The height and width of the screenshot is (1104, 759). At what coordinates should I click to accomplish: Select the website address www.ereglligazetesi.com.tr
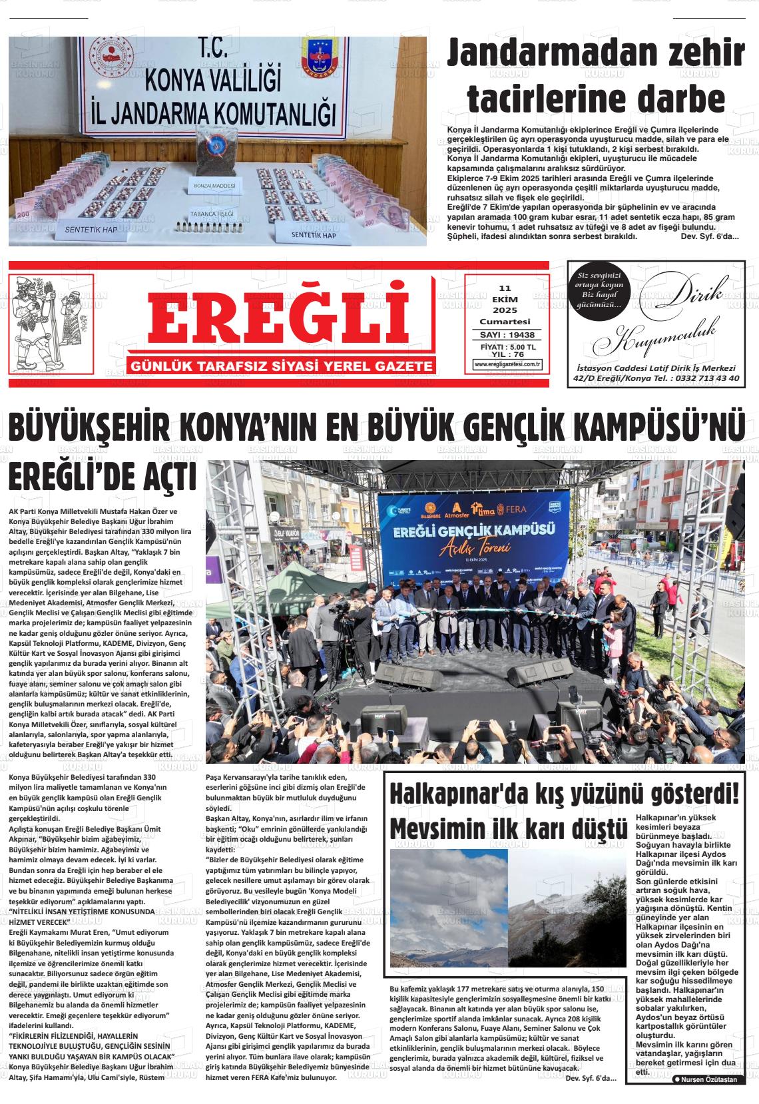507,364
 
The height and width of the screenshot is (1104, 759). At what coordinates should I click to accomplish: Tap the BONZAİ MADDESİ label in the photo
215,185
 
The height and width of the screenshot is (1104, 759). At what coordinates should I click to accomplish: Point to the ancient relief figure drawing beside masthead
51,323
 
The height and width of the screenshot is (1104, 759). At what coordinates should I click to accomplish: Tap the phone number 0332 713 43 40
705,378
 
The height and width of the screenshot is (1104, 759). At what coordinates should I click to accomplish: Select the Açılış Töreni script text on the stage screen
474,547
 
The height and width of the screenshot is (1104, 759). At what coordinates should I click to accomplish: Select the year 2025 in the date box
505,311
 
